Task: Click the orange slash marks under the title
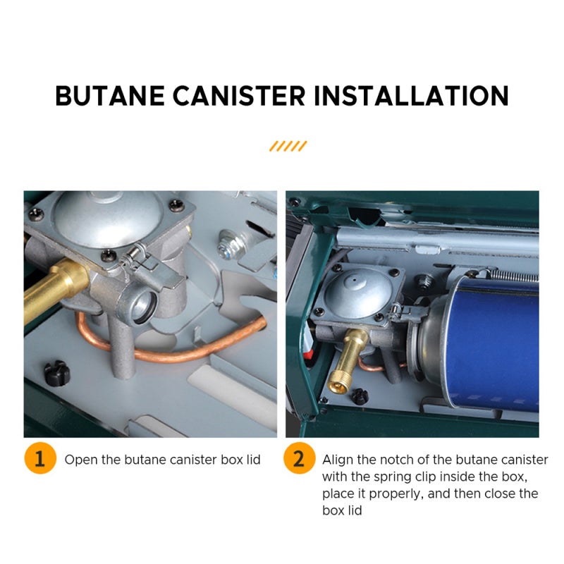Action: [288, 146]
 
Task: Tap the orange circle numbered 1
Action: [39, 460]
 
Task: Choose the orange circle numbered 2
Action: [299, 460]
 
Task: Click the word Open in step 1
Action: [80, 460]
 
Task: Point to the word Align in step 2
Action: [338, 460]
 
